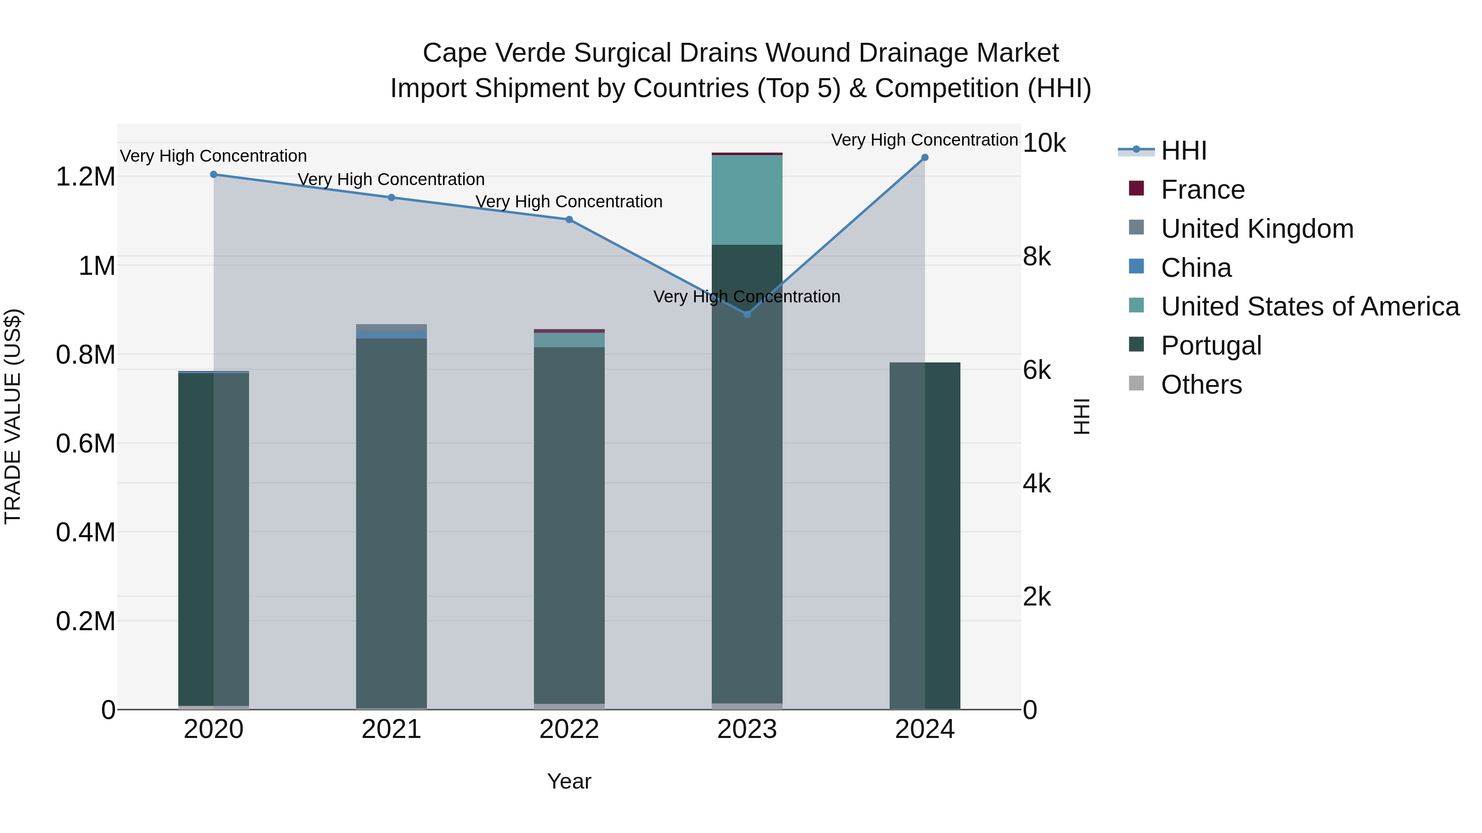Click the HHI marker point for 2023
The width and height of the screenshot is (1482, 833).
pos(747,314)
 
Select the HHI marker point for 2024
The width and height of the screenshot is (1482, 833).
pos(925,158)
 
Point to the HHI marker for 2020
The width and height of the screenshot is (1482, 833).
pos(213,174)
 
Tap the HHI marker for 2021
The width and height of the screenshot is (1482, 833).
pos(391,197)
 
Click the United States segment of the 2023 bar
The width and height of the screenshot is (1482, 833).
pos(747,200)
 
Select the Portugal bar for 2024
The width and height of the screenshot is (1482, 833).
pos(925,535)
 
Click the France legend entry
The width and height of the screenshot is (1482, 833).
pos(1202,190)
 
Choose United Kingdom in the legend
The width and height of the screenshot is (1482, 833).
pos(1257,229)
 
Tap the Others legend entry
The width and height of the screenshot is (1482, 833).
pos(1201,385)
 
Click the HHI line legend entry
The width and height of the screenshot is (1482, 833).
pos(1184,151)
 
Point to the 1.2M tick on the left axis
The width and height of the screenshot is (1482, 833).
pos(85,176)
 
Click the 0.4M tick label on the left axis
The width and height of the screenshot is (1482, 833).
pos(85,532)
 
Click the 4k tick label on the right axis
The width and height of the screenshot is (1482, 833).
pos(1036,484)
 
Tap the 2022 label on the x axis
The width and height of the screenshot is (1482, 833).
pos(569,729)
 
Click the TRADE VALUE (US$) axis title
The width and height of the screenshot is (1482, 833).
pos(13,416)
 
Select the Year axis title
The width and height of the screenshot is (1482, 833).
pos(569,781)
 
